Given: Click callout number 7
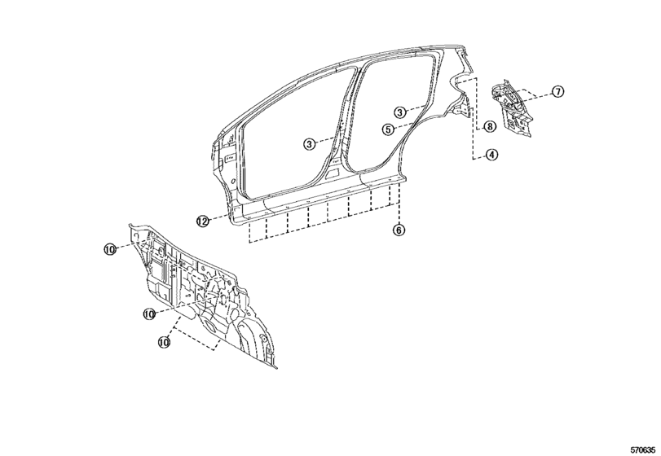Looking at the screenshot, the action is point(557,91).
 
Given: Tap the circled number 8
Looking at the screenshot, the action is point(489,126).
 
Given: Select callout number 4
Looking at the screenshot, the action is point(491,155).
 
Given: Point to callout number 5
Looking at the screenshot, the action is point(389,129).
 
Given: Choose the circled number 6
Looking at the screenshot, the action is point(399,230).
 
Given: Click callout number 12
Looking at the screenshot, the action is point(203,221).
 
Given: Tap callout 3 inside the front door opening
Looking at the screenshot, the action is point(310,144).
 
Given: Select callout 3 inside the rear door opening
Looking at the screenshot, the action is point(400,112).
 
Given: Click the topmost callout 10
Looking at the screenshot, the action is point(109,249).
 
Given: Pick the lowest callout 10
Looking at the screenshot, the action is point(164,342).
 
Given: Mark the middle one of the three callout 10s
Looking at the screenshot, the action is point(149,313).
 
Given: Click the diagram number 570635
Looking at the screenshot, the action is point(643,449).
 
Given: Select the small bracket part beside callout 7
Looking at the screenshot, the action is point(512,107).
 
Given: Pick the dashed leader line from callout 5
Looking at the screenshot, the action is point(403,125).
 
